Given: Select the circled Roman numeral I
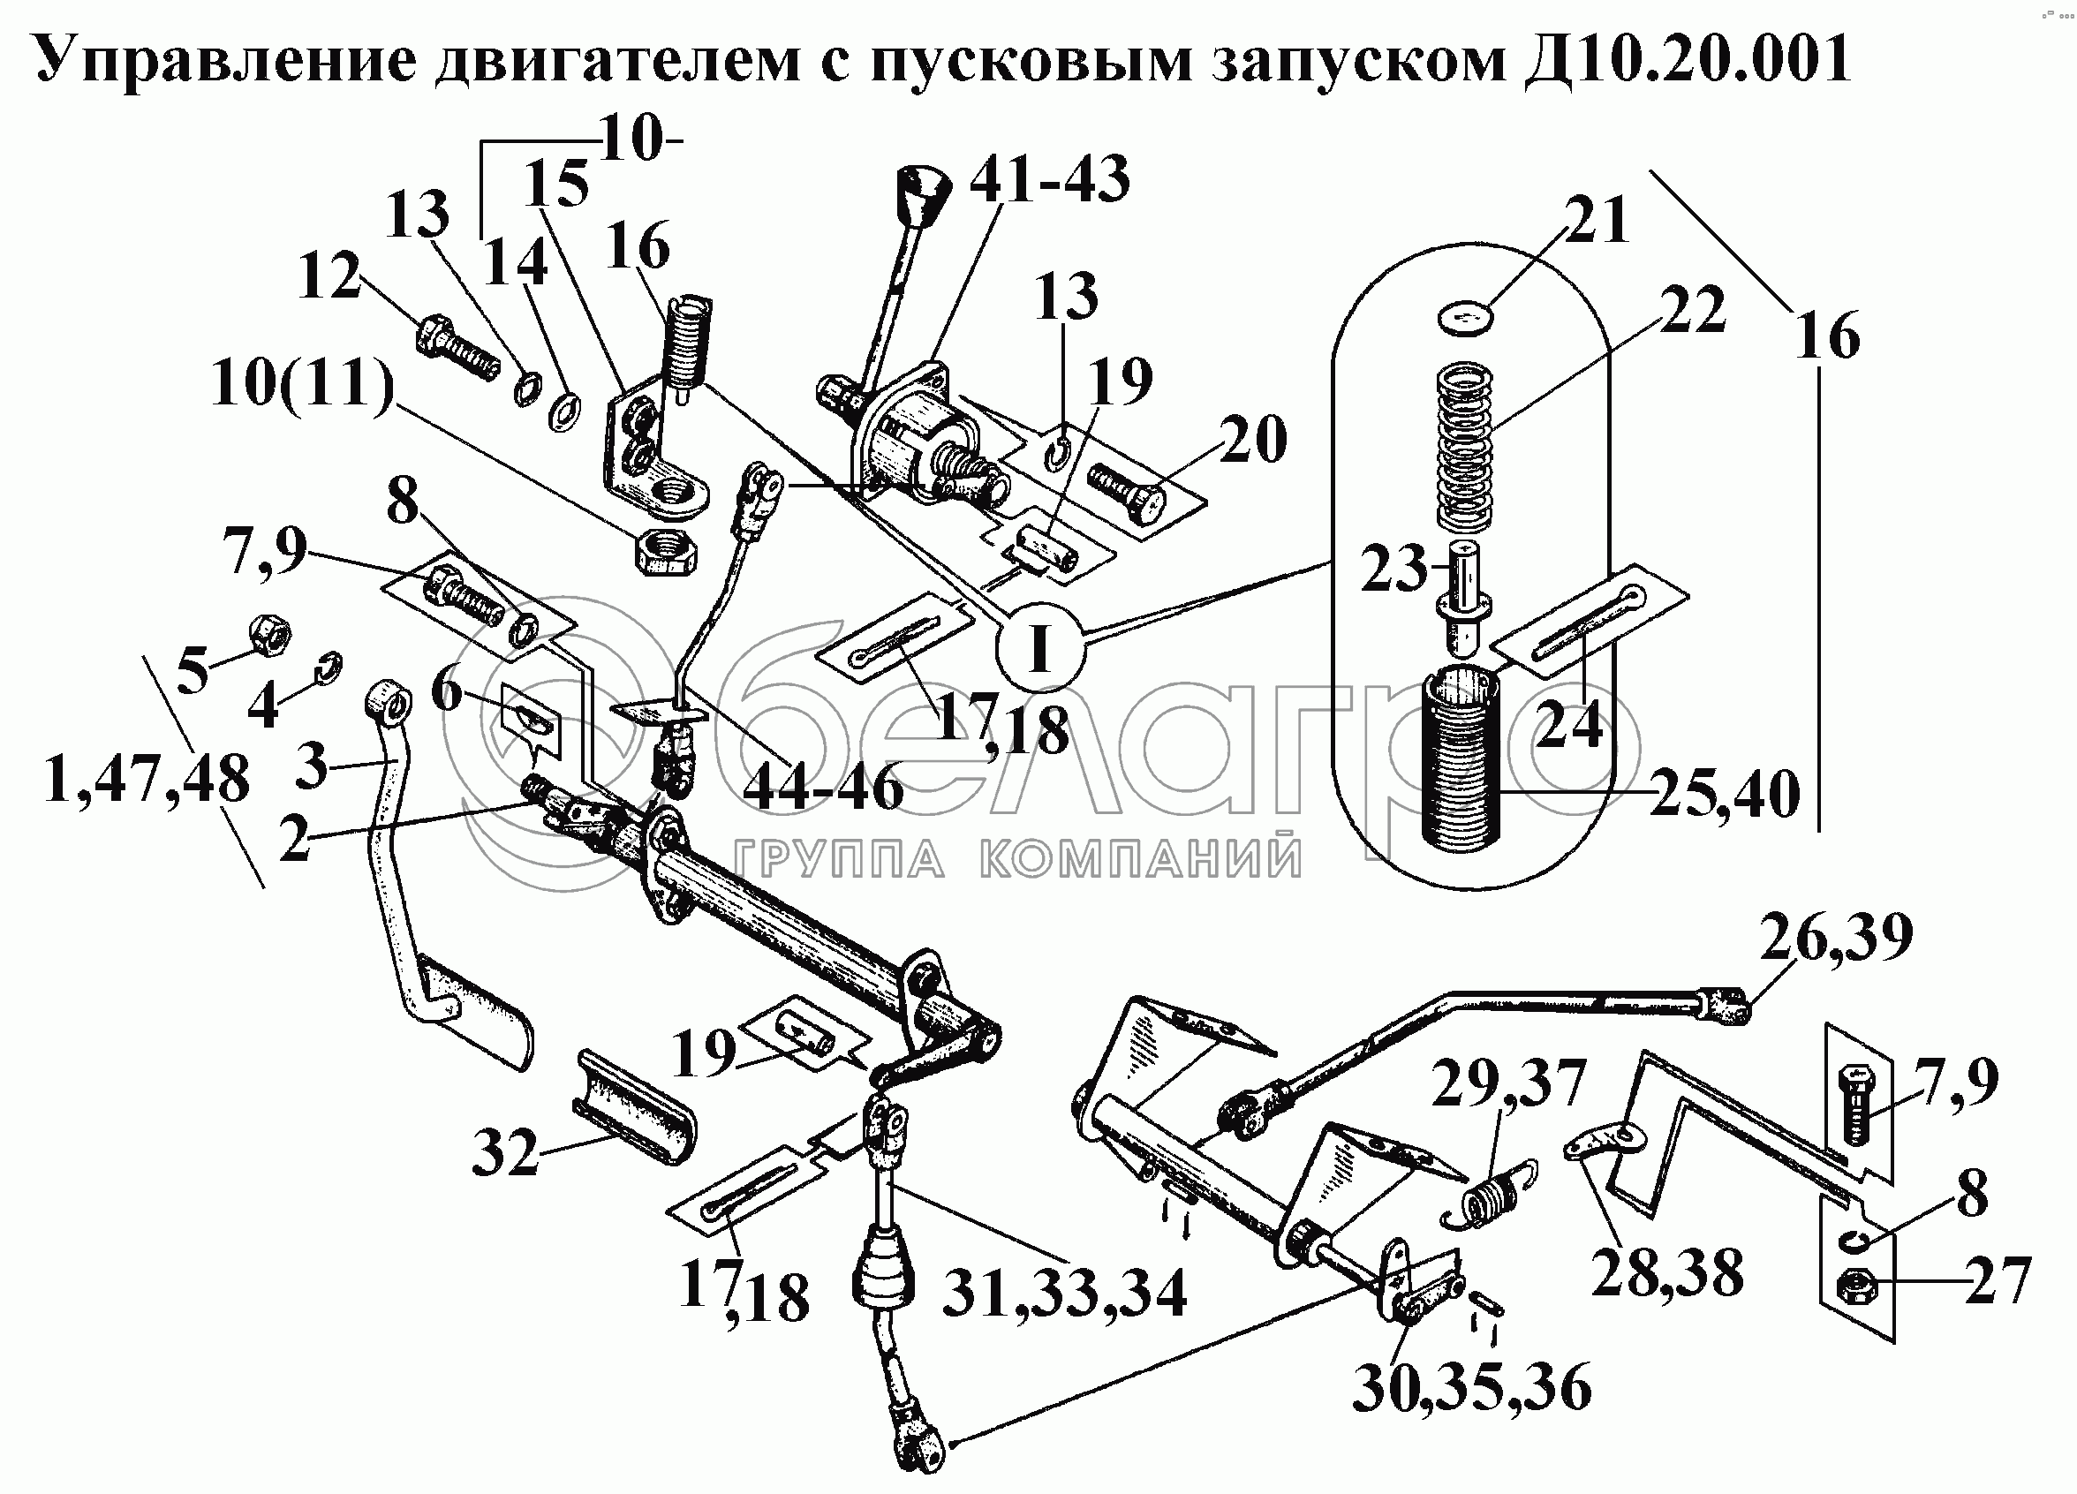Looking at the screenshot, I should (1039, 648).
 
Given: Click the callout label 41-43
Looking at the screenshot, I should (1049, 178).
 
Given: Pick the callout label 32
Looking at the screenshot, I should (505, 1152).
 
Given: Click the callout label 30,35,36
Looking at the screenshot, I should (1472, 1388).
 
